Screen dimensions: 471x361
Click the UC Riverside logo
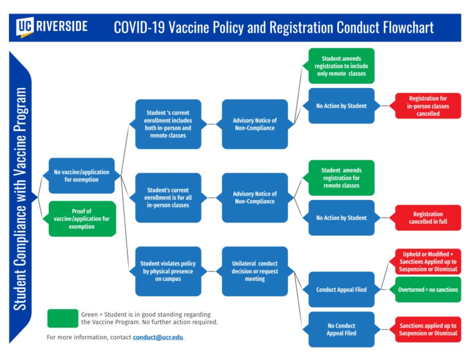[x=52, y=27]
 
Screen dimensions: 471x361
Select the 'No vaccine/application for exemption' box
[x=82, y=176]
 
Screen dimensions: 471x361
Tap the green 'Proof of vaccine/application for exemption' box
[x=82, y=219]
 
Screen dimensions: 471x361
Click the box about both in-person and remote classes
[x=168, y=124]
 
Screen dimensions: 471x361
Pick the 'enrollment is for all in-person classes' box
[x=168, y=197]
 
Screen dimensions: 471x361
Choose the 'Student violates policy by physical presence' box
[x=168, y=271]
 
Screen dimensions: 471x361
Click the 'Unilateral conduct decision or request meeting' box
[x=255, y=271]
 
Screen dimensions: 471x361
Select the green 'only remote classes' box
[x=341, y=66]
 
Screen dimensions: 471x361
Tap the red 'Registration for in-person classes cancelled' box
[x=428, y=106]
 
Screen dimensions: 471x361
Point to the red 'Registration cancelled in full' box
[x=428, y=218]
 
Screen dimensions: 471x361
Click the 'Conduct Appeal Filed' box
[x=341, y=289]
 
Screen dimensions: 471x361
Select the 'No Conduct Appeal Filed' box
[x=341, y=330]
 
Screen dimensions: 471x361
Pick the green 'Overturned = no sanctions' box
[x=428, y=289]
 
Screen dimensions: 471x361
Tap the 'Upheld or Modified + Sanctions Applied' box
[x=428, y=262]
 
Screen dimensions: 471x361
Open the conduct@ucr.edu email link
[x=158, y=337]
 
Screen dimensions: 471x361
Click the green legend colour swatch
[x=63, y=318]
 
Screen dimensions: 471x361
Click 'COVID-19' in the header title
[x=139, y=28]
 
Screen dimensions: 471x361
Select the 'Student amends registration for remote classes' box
[x=341, y=178]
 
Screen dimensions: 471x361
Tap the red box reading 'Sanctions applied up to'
[x=428, y=330]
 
